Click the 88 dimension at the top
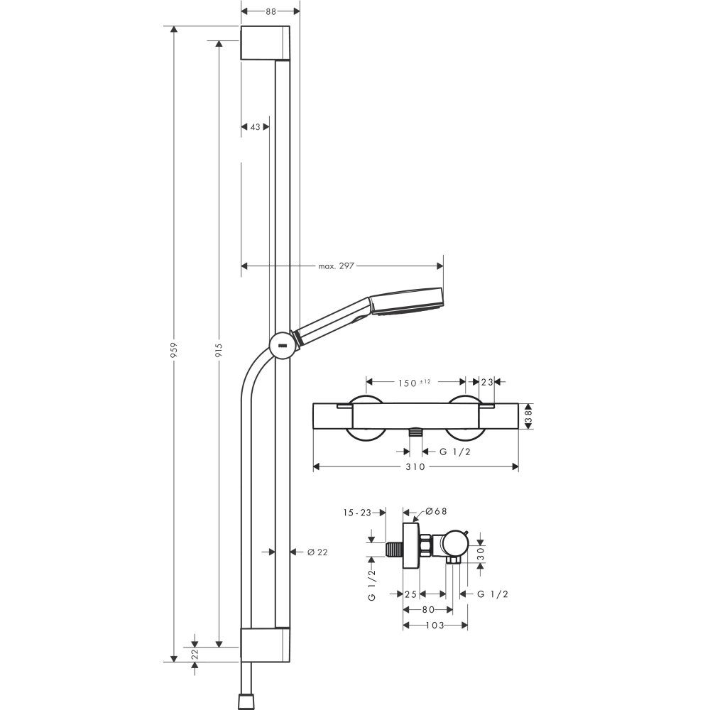click(270, 11)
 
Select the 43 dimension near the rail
click(255, 127)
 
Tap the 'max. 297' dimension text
click(336, 266)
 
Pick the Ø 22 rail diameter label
click(317, 552)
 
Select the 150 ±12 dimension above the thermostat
click(415, 383)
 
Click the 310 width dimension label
click(415, 466)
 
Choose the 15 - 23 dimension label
click(358, 511)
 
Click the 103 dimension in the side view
click(435, 626)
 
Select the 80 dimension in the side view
click(428, 609)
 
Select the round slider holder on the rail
click(282, 345)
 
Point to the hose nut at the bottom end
click(246, 699)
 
